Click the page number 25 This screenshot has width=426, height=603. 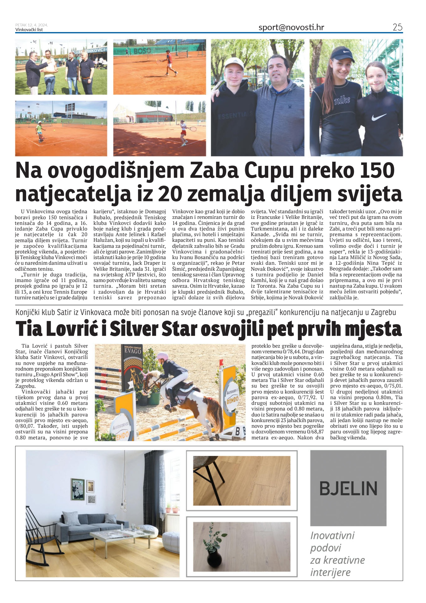point(397,27)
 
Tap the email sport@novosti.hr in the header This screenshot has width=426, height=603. point(291,27)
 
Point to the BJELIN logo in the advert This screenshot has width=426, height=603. point(348,488)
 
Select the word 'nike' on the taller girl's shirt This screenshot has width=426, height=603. point(342,100)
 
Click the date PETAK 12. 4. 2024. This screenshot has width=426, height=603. point(31,25)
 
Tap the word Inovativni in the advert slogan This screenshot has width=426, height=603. point(332,535)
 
